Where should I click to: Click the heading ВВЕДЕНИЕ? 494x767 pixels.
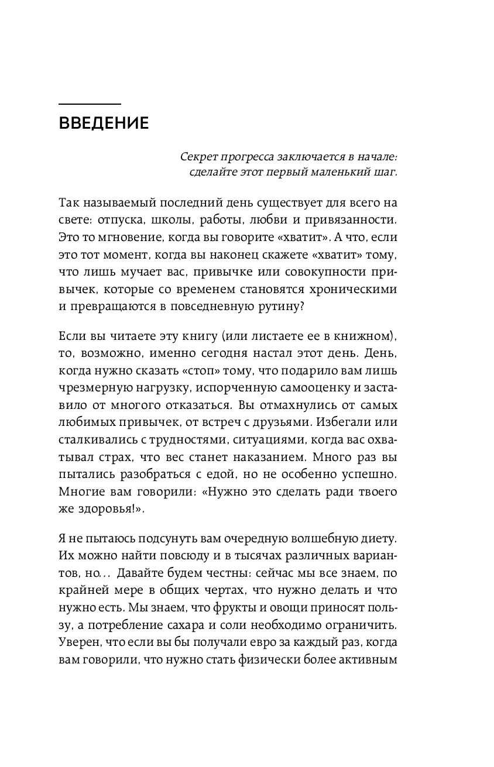(x=104, y=124)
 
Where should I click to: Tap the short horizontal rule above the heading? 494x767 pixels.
(x=90, y=104)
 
